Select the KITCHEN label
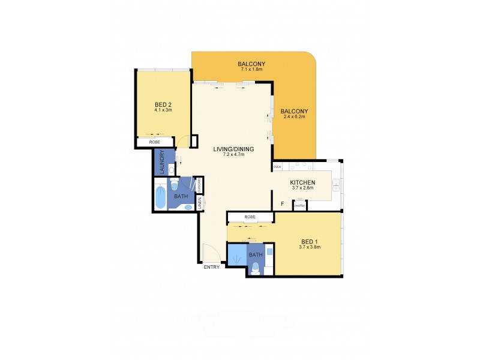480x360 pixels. click(302, 182)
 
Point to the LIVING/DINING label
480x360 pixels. click(234, 149)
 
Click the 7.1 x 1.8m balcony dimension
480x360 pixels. click(251, 70)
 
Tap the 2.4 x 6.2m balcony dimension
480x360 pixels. click(294, 117)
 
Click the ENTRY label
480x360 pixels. click(211, 267)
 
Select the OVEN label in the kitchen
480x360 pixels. click(277, 167)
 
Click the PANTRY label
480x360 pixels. click(300, 206)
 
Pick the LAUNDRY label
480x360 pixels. click(161, 161)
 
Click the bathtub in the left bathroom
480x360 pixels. click(161, 198)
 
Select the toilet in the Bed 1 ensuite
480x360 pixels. click(256, 269)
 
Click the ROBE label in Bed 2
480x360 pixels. click(154, 142)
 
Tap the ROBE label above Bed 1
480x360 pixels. click(250, 217)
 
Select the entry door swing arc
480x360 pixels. click(212, 251)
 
